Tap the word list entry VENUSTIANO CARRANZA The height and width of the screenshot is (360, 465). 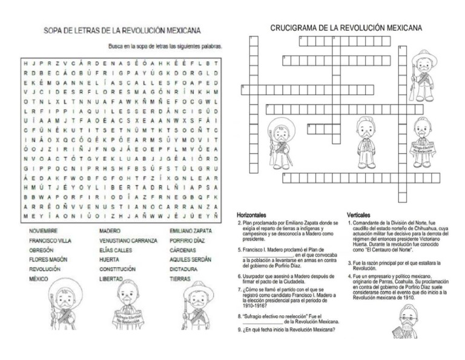(128, 241)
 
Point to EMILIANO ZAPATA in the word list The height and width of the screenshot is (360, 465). (191, 231)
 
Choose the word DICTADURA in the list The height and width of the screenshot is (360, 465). (184, 269)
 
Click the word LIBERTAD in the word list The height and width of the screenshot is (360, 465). (111, 279)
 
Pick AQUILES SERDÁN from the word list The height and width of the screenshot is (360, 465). (191, 259)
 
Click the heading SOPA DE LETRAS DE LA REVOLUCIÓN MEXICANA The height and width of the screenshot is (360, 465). (122, 30)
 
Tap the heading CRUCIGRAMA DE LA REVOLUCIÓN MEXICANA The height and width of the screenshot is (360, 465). (346, 28)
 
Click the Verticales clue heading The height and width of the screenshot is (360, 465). (359, 215)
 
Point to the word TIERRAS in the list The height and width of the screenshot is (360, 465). (180, 279)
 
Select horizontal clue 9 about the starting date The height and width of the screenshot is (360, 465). (286, 330)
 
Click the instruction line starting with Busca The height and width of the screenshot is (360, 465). (165, 46)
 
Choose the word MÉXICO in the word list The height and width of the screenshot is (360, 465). (39, 279)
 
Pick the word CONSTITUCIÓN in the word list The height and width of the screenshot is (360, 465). (117, 269)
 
